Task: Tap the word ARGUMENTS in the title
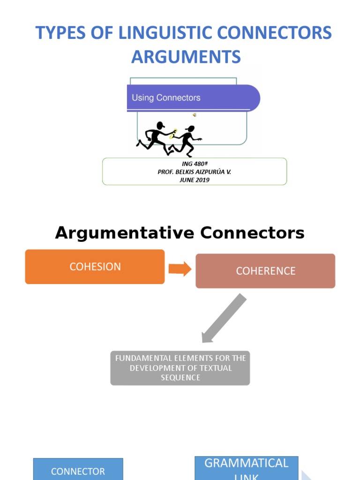click(x=186, y=57)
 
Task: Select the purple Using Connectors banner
click(x=193, y=98)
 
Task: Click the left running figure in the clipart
click(x=156, y=138)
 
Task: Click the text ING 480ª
click(x=194, y=164)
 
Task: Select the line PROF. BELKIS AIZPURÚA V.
click(x=194, y=172)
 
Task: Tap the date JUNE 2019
click(x=194, y=180)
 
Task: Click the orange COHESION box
click(x=95, y=267)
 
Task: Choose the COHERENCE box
click(x=265, y=271)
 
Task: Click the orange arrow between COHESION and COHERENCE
click(x=180, y=269)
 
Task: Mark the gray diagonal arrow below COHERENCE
click(x=224, y=318)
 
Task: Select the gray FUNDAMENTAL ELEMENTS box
click(x=180, y=368)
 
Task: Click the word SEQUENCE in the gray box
click(x=180, y=378)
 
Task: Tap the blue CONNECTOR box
click(x=78, y=470)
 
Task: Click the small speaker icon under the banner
click(x=194, y=115)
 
